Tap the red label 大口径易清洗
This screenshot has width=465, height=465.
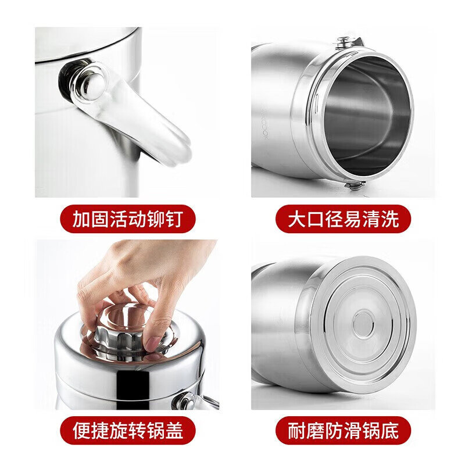[343, 219]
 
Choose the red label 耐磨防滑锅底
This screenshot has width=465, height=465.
[343, 431]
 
